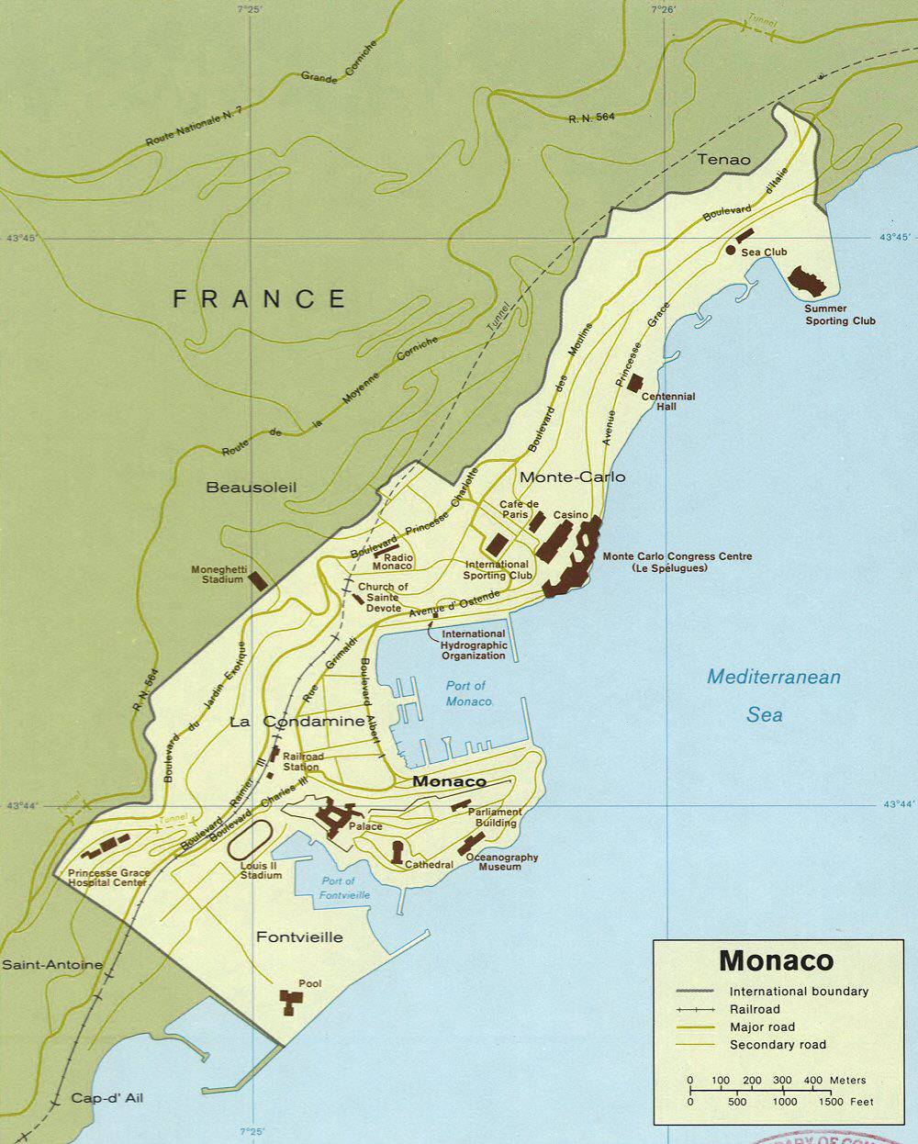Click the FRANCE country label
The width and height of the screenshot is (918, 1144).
point(260,299)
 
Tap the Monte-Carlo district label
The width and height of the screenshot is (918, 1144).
point(573,477)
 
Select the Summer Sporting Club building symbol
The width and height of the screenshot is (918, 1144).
point(808,280)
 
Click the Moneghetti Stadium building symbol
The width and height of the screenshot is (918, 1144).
point(259,580)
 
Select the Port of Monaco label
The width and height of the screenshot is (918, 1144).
point(466,693)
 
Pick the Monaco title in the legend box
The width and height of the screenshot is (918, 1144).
point(777,960)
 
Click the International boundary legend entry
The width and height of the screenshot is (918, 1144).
point(798,992)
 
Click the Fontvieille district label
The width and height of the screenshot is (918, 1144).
point(300,937)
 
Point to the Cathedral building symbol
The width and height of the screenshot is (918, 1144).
point(397,851)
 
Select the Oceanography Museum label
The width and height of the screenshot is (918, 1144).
point(502,862)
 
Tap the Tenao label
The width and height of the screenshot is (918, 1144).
point(723,160)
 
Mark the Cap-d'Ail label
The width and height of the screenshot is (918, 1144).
point(106,1098)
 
